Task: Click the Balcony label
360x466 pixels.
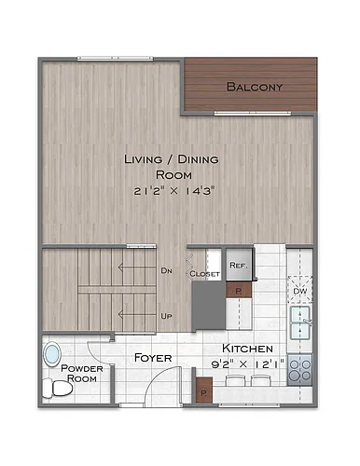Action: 255,87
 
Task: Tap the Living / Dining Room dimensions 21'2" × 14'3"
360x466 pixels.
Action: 174,191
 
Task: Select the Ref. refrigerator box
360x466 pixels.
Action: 239,265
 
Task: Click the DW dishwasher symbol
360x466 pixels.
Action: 300,290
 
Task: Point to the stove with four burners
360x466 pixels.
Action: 299,370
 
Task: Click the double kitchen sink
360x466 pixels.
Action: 300,322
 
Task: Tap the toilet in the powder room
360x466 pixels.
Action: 58,388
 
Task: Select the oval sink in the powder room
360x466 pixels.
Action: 52,355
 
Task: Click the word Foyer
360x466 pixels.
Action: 153,358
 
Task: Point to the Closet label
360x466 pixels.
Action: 204,274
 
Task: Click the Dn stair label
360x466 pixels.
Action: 166,270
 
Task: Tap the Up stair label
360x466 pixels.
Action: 166,316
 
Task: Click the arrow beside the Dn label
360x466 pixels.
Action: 137,267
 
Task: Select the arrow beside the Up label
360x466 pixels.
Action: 137,314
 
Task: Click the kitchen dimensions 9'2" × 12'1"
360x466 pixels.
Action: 248,363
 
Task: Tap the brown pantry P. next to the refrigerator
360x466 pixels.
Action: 239,290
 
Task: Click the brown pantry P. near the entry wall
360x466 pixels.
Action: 204,390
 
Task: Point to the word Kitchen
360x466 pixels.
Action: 247,349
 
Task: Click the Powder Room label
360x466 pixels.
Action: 82,374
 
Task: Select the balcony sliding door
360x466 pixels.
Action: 253,114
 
